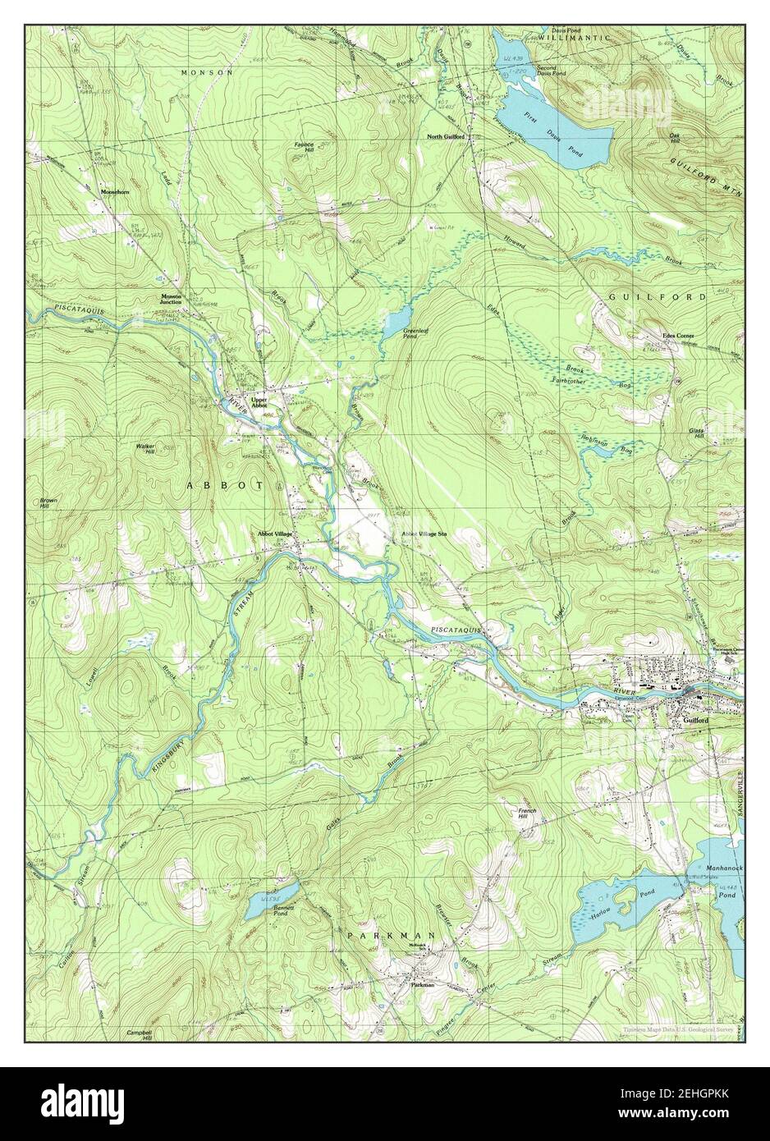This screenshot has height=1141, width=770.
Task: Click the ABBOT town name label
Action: [x=225, y=485]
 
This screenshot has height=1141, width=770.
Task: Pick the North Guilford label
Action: [x=445, y=136]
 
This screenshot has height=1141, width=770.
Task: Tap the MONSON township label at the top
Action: [x=207, y=73]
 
